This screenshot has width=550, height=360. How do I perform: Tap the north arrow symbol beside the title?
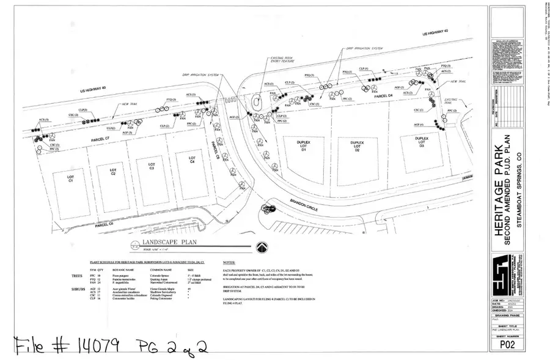(x=262, y=247)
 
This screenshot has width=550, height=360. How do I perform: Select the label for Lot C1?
(x=70, y=178)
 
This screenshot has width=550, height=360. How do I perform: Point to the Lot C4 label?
(x=191, y=159)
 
